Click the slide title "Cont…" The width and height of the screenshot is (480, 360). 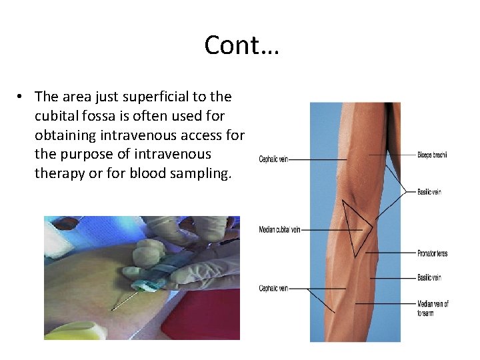pyautogui.click(x=241, y=45)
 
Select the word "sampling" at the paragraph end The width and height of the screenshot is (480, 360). pyautogui.click(x=199, y=173)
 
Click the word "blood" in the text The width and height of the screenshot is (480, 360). pyautogui.click(x=149, y=173)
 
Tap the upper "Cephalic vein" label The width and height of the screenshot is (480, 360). pyautogui.click(x=274, y=159)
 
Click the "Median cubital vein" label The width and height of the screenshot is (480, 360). pyautogui.click(x=279, y=230)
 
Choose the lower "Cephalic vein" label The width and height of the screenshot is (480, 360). pyautogui.click(x=274, y=289)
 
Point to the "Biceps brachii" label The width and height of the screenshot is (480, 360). pyautogui.click(x=432, y=155)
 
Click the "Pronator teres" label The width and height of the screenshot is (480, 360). pyautogui.click(x=433, y=253)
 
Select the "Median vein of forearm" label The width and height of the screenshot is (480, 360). pyautogui.click(x=433, y=308)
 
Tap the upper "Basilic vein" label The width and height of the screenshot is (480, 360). pyautogui.click(x=429, y=192)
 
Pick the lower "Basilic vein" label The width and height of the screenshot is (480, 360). pyautogui.click(x=429, y=277)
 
